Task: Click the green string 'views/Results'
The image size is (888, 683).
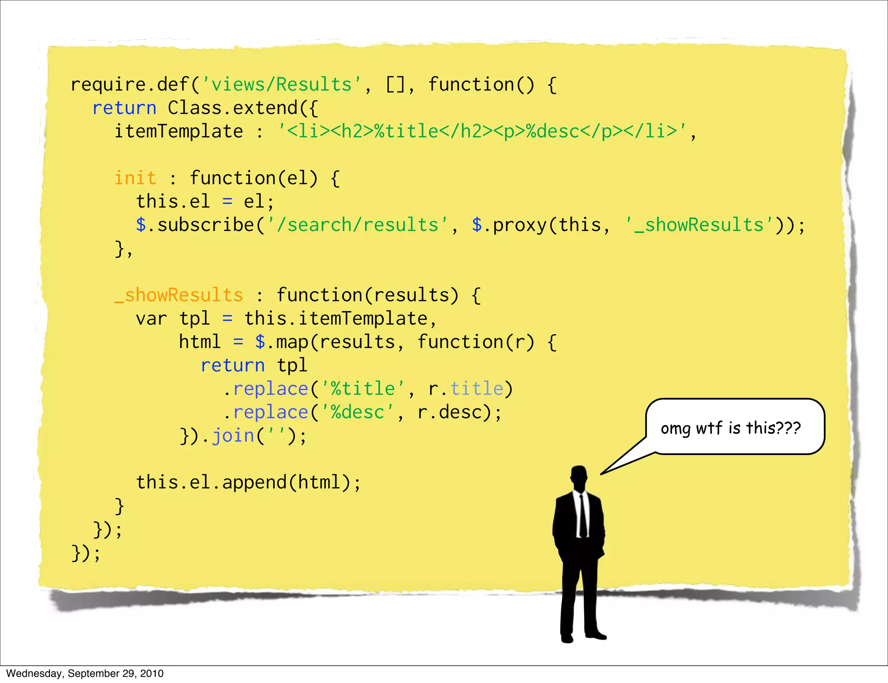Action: point(281,85)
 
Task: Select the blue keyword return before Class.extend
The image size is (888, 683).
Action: point(124,108)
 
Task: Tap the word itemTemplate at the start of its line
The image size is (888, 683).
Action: point(179,131)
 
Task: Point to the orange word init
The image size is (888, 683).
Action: point(135,178)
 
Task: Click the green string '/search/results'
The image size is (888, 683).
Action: point(358,225)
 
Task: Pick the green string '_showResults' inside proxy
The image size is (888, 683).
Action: point(699,225)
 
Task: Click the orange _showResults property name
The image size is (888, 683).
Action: point(179,295)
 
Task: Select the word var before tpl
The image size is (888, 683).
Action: point(151,319)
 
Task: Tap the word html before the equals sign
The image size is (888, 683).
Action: point(200,342)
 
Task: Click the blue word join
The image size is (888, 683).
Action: point(233,436)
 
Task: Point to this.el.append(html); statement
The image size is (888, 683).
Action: point(248,482)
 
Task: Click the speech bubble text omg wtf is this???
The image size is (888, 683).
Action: point(731,428)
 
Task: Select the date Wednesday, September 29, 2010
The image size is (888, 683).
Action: point(85,673)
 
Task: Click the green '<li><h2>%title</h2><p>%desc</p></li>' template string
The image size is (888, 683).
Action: point(482,131)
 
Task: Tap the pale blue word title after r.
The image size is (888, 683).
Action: point(477,389)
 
